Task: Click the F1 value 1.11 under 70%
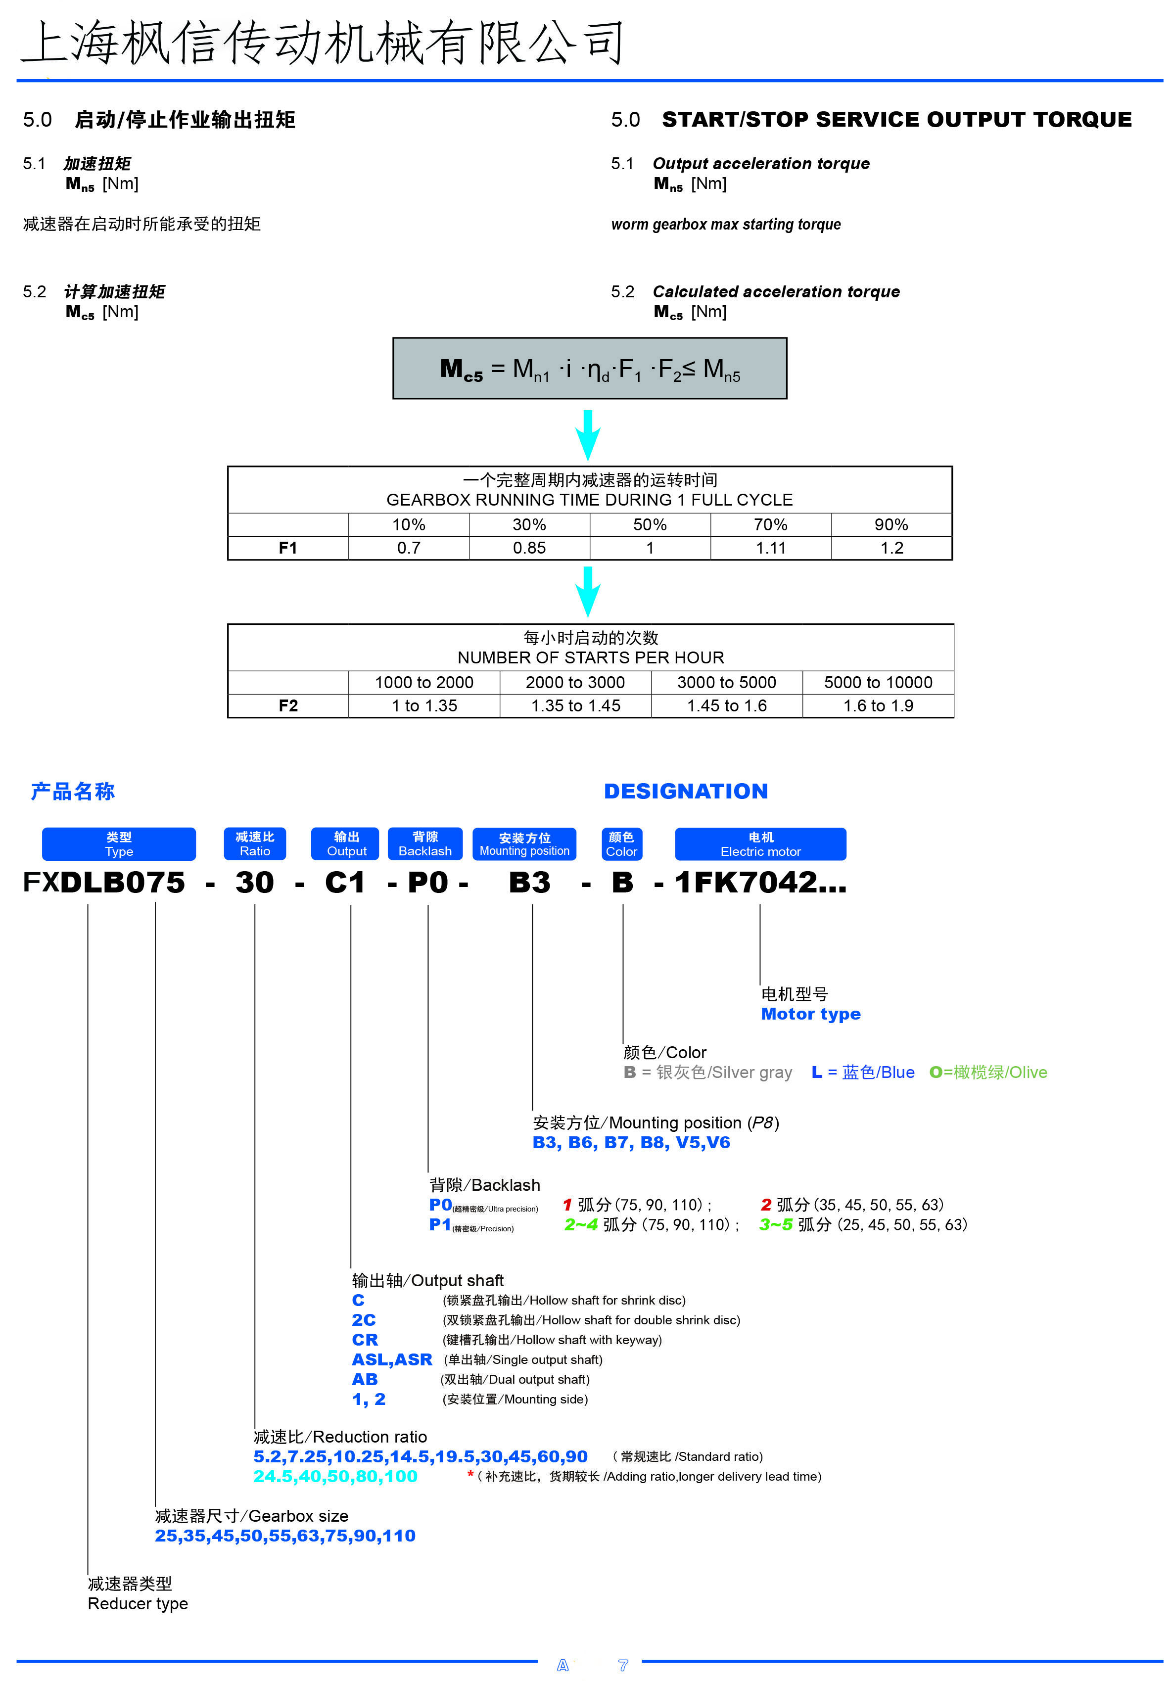tap(770, 548)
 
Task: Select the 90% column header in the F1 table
tap(891, 524)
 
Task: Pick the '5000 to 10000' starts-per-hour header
tap(878, 682)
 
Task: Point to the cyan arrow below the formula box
tap(588, 434)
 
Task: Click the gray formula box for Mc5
tap(589, 368)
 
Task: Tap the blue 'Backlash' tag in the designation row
tap(424, 843)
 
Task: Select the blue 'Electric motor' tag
tap(760, 843)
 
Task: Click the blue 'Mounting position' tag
tap(524, 843)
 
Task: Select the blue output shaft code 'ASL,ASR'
tap(392, 1359)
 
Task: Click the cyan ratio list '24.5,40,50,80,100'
tap(335, 1476)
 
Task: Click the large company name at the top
tap(322, 43)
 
